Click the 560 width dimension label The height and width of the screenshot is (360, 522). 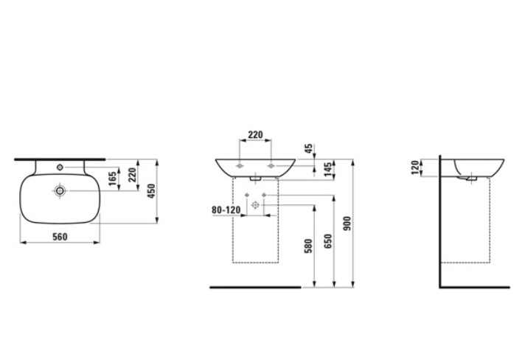60,237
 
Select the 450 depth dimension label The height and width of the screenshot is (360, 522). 151,191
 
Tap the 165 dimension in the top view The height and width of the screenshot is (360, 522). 113,179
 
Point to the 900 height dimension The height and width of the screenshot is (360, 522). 347,224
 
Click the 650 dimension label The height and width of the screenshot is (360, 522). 328,241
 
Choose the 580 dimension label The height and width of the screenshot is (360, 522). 309,246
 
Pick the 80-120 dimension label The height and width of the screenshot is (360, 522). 226,210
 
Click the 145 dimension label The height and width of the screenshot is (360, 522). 328,170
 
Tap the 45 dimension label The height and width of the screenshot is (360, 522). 309,148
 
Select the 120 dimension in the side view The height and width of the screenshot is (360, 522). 415,167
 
